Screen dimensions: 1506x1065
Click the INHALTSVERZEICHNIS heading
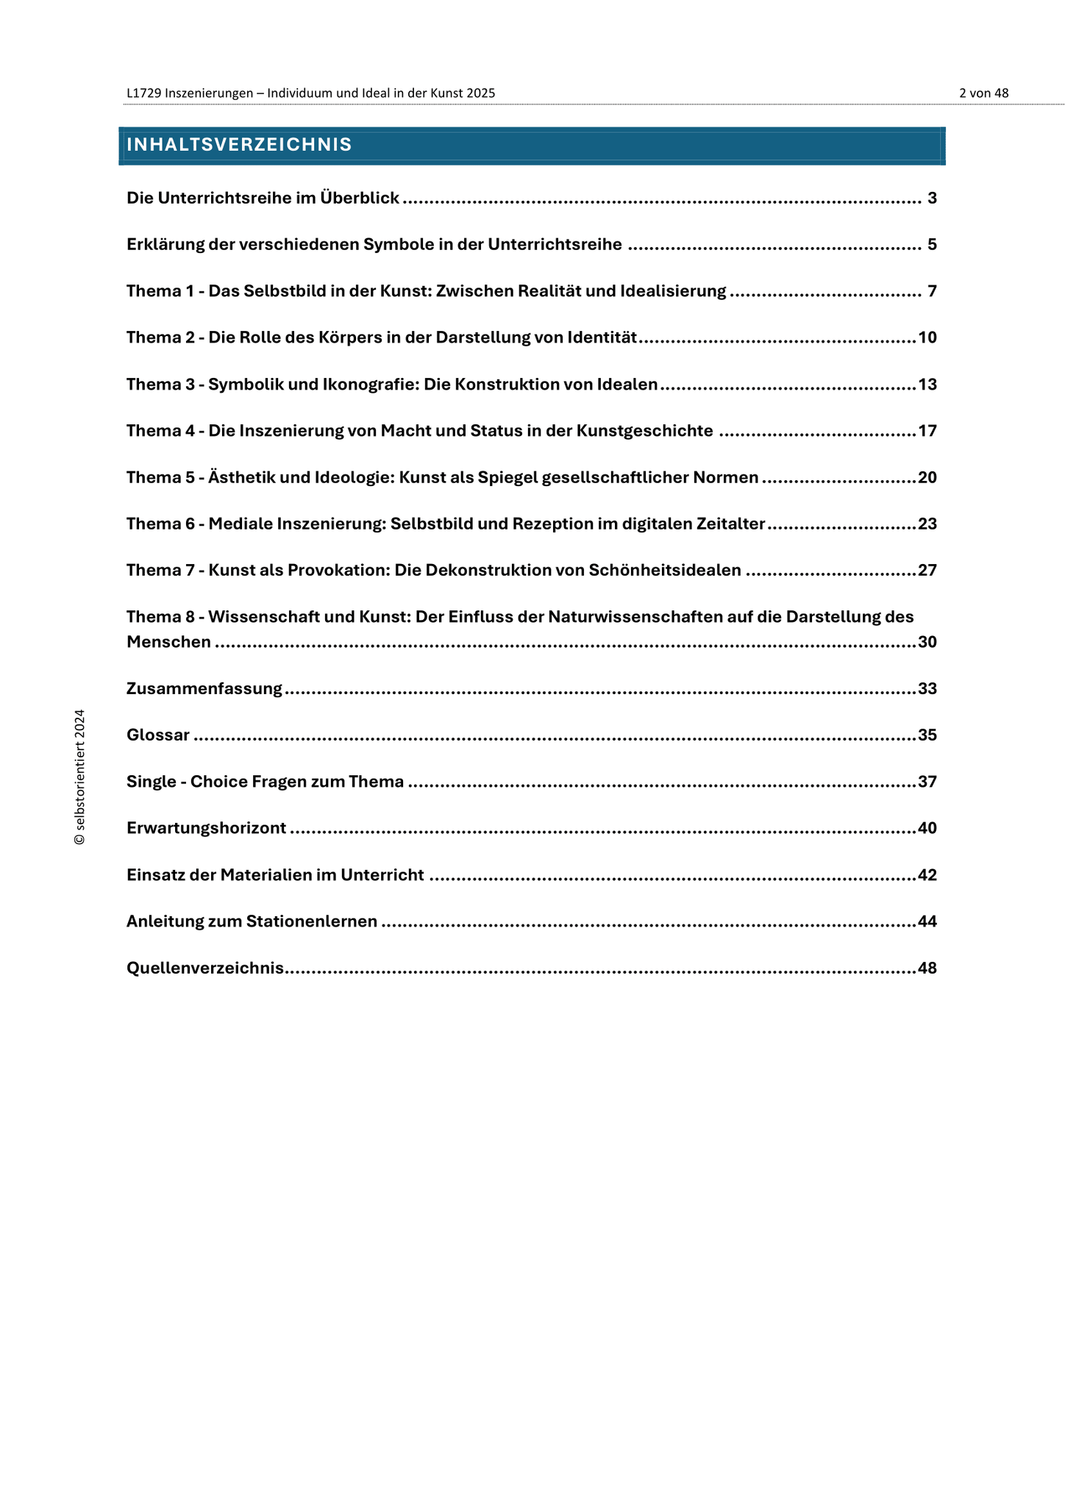point(239,145)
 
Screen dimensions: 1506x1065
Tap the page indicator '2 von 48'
point(983,93)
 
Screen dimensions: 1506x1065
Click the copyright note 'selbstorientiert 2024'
point(79,777)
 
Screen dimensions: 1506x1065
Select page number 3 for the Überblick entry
point(932,198)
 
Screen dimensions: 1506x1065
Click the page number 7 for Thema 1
point(932,291)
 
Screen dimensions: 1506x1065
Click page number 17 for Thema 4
point(927,431)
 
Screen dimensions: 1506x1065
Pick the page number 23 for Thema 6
point(927,524)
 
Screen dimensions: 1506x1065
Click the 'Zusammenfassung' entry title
point(204,689)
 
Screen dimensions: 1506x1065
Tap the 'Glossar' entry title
point(158,735)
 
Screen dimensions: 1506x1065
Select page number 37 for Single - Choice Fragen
point(927,782)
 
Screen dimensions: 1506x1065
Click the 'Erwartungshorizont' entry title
point(207,829)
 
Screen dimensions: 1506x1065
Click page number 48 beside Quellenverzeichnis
point(927,968)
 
